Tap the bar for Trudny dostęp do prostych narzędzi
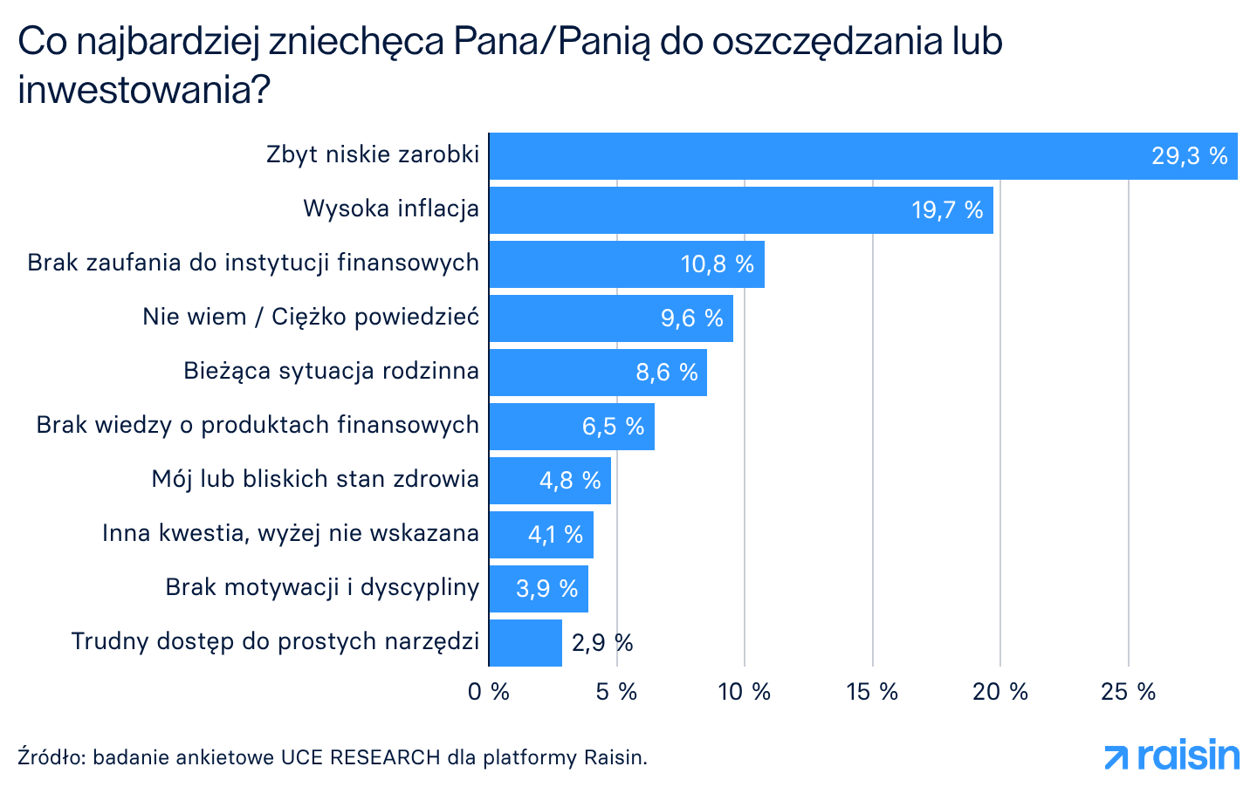[525, 643]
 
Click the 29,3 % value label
[1189, 156]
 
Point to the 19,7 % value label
[947, 210]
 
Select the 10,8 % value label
[717, 264]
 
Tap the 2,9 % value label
[602, 643]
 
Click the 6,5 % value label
[613, 427]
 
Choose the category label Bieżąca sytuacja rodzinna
[331, 371]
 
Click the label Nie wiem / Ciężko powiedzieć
[311, 317]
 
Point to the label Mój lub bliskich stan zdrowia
[315, 479]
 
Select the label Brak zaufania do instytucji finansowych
[253, 263]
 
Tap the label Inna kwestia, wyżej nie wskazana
[291, 533]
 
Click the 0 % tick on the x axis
[489, 692]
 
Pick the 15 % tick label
[872, 692]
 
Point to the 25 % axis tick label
[1128, 692]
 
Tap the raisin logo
[1171, 756]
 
